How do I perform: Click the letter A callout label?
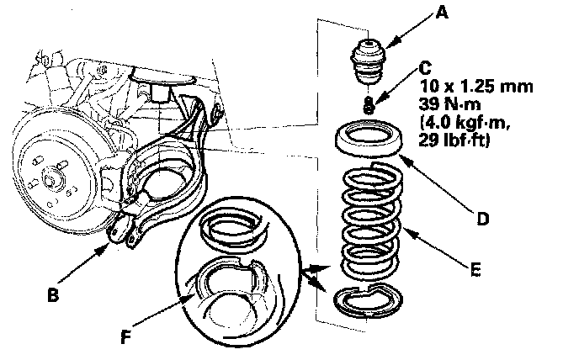[442, 13]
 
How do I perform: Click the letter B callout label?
[53, 295]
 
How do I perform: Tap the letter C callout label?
[425, 68]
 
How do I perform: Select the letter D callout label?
[483, 219]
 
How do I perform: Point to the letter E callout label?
[476, 270]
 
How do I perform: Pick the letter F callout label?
[126, 336]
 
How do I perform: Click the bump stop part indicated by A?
[368, 61]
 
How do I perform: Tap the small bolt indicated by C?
[369, 104]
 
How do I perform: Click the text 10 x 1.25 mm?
[476, 87]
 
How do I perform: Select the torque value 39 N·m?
[449, 104]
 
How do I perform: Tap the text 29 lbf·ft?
[454, 140]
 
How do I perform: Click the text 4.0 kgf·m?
[465, 122]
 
